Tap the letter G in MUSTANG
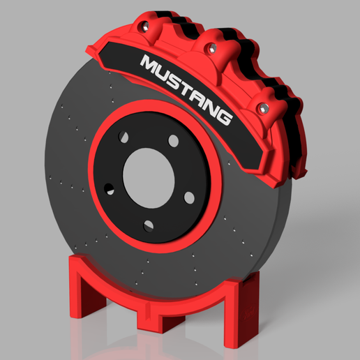click(x=223, y=117)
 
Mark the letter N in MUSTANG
click(x=211, y=107)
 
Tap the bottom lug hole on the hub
click(x=149, y=225)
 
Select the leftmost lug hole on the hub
click(x=110, y=188)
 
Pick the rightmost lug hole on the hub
click(x=189, y=197)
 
